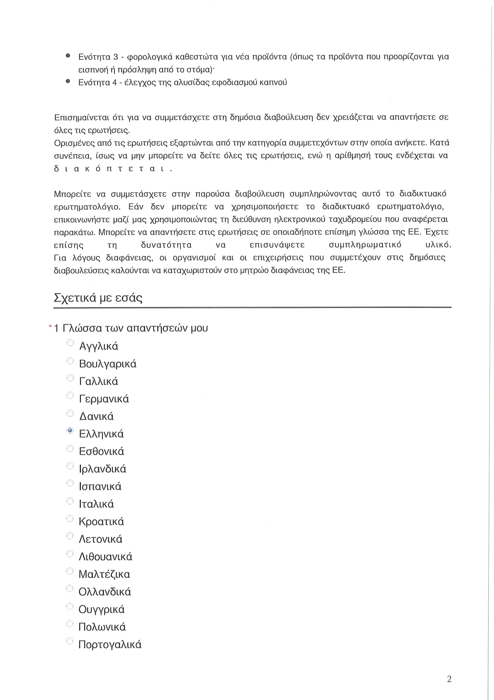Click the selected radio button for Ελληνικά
(x=70, y=430)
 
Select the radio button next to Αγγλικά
(x=70, y=343)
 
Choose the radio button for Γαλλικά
(x=70, y=378)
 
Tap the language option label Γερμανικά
(x=104, y=399)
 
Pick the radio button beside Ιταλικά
(x=70, y=501)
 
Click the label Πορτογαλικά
(x=110, y=645)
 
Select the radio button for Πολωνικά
(x=70, y=623)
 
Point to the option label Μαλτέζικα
(x=104, y=574)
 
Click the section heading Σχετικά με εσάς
(x=98, y=298)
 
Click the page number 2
(x=449, y=679)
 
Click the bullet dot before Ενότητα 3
(x=68, y=56)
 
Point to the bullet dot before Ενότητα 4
(x=68, y=81)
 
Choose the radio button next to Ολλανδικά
(x=70, y=588)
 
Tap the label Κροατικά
(x=102, y=522)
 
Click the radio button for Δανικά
(x=70, y=413)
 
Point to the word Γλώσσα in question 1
(x=82, y=328)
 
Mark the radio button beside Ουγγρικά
(x=70, y=606)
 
